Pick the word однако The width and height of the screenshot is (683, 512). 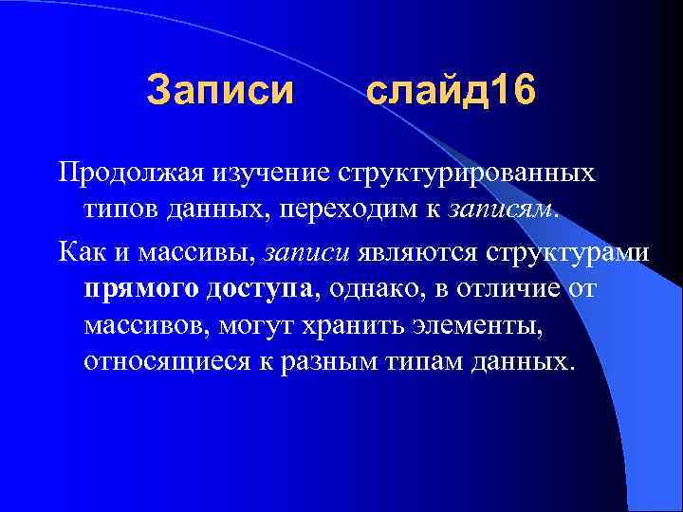(x=381, y=289)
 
